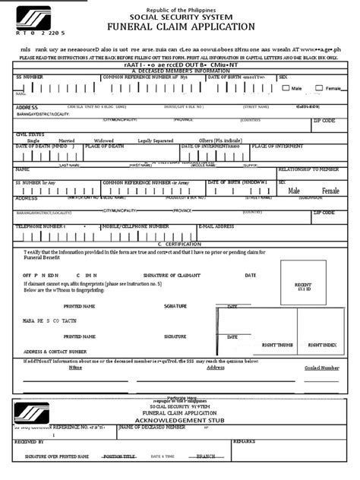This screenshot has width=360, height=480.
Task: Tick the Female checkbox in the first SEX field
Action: tap(321, 88)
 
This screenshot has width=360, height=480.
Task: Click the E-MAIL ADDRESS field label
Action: tap(216, 226)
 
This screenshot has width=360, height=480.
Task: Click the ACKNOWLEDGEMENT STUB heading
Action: tap(181, 418)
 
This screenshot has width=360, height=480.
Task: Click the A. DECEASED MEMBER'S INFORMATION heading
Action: tap(181, 71)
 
